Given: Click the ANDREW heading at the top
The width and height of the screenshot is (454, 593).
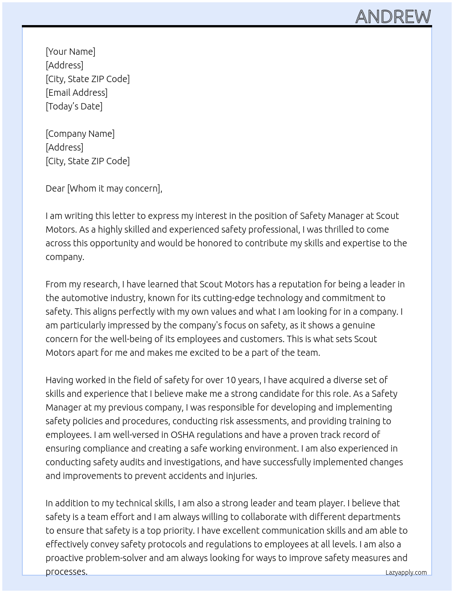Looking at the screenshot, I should pyautogui.click(x=393, y=17).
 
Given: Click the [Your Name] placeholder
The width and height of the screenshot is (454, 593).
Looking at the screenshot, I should pyautogui.click(x=70, y=52).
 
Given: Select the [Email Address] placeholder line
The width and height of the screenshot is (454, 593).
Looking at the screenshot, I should pyautogui.click(x=77, y=93).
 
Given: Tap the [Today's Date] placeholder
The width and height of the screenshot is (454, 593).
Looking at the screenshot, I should pyautogui.click(x=74, y=106).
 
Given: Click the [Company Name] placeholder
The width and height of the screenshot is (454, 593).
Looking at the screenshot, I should pyautogui.click(x=80, y=134).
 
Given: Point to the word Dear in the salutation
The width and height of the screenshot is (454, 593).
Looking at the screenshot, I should pyautogui.click(x=55, y=188).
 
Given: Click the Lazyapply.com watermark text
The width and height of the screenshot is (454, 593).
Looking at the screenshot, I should pyautogui.click(x=406, y=572).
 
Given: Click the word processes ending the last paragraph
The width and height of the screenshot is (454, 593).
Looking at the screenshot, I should pyautogui.click(x=66, y=572).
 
